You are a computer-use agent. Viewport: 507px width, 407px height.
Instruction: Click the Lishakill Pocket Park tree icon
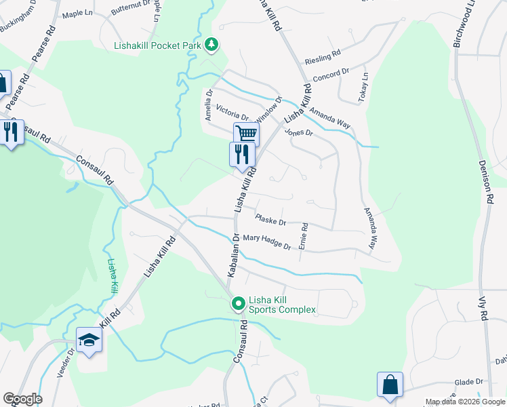pyautogui.click(x=212, y=44)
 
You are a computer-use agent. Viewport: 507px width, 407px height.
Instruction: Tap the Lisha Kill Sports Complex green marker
pyautogui.click(x=238, y=304)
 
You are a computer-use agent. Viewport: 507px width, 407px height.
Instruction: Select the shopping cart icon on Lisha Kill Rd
pyautogui.click(x=246, y=134)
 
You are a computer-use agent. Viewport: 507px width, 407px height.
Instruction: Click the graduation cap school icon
pyautogui.click(x=89, y=339)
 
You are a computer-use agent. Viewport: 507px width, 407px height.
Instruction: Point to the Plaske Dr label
pyautogui.click(x=271, y=220)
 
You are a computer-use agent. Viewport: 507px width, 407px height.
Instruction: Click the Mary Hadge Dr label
pyautogui.click(x=267, y=241)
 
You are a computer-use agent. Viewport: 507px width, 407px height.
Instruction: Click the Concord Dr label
pyautogui.click(x=331, y=73)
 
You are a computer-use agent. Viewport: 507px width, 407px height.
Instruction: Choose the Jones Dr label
pyautogui.click(x=298, y=132)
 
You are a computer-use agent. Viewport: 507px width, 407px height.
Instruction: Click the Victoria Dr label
pyautogui.click(x=232, y=112)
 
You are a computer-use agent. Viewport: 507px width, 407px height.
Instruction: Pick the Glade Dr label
pyautogui.click(x=468, y=382)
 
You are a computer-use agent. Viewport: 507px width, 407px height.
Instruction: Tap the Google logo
pyautogui.click(x=22, y=398)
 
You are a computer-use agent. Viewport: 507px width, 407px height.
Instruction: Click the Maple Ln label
pyautogui.click(x=77, y=14)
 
